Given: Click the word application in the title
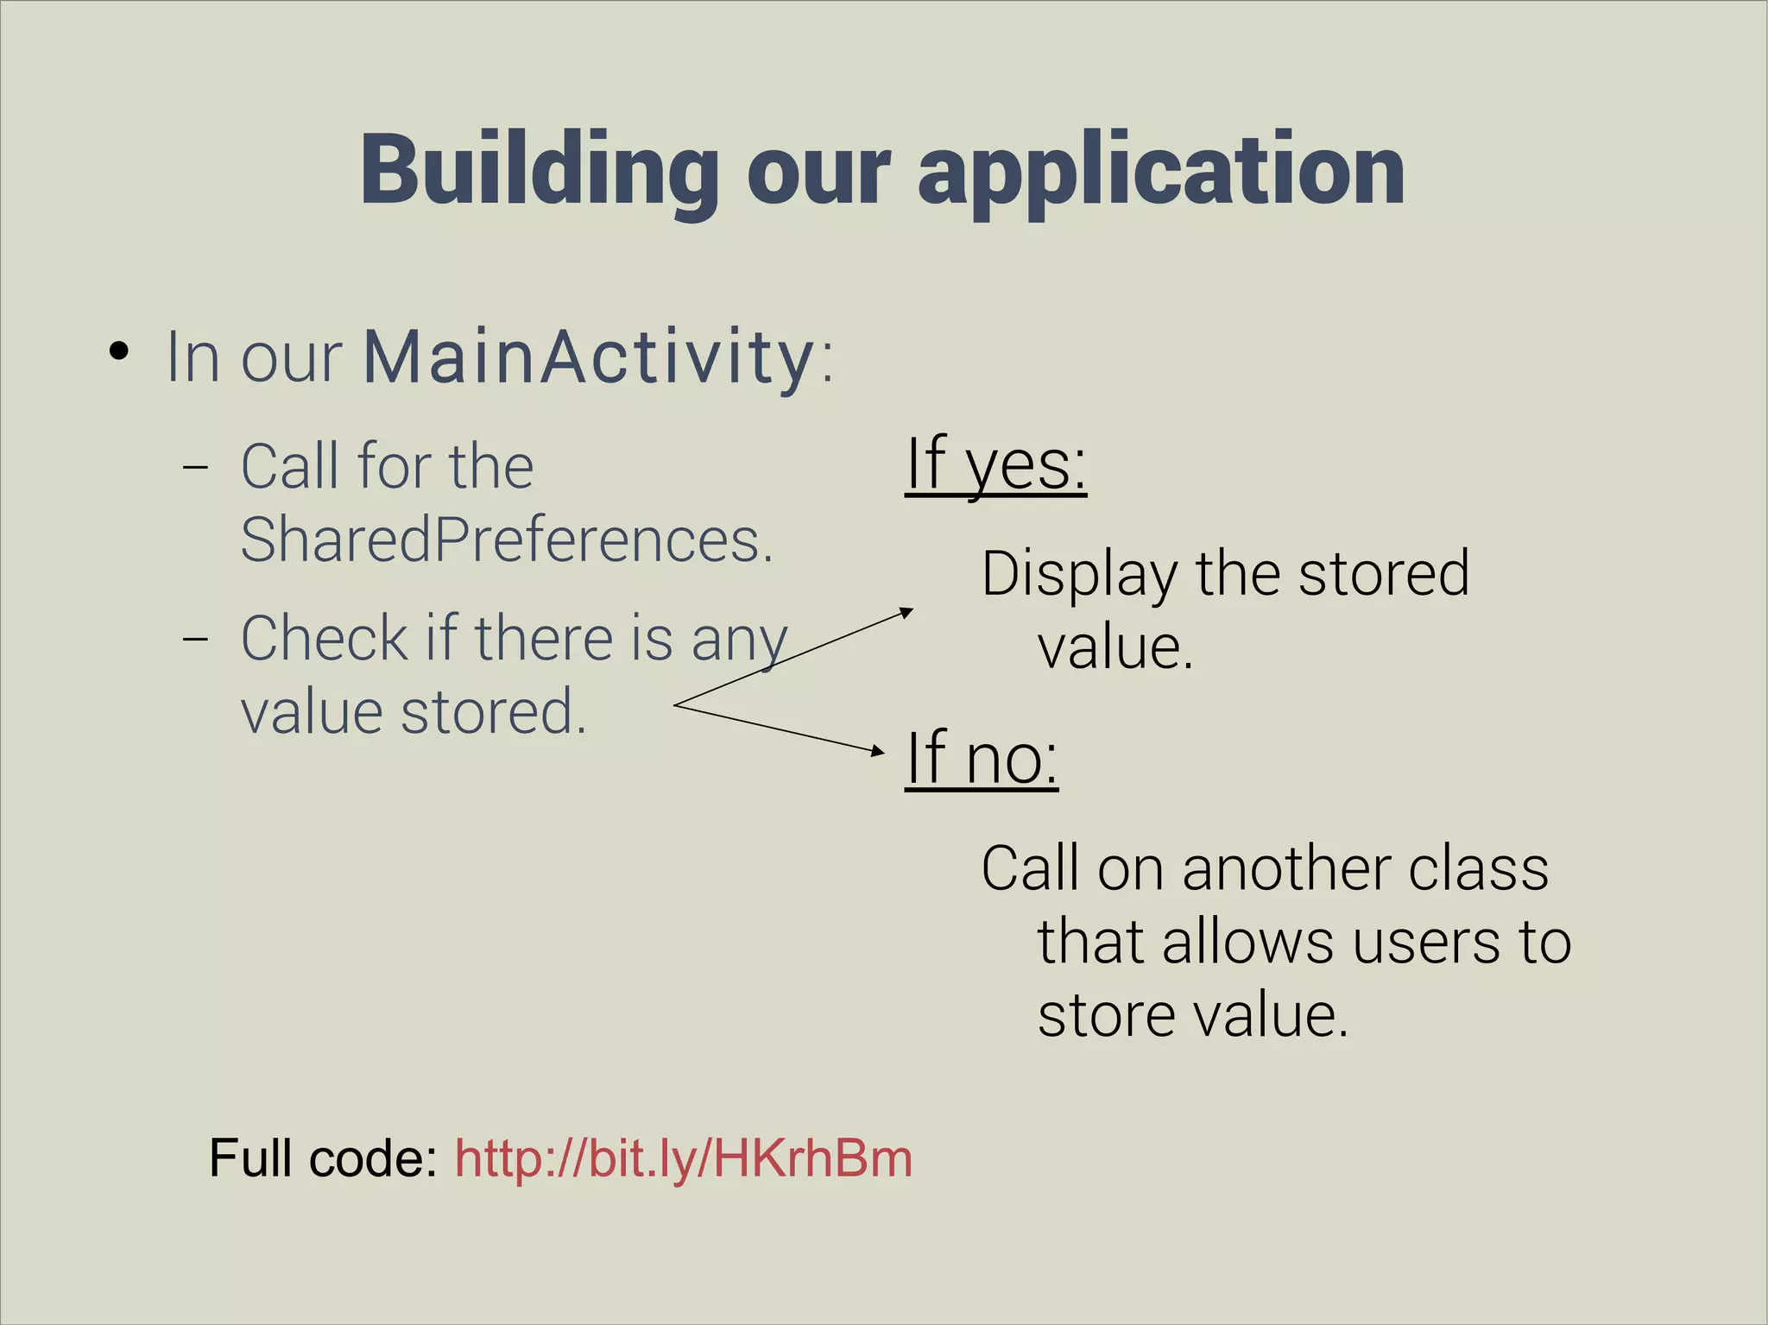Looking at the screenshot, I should click(1160, 173).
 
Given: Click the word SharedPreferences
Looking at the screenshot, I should click(505, 540).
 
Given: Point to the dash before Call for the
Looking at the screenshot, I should click(196, 467).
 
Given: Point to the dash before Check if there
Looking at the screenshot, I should click(196, 639).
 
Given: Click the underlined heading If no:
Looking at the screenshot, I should click(982, 757).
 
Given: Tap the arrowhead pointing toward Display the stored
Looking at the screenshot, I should click(906, 611).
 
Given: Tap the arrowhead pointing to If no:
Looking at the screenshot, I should click(878, 751).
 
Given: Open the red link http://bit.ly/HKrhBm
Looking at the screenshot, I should click(683, 1158).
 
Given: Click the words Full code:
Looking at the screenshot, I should click(324, 1158).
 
